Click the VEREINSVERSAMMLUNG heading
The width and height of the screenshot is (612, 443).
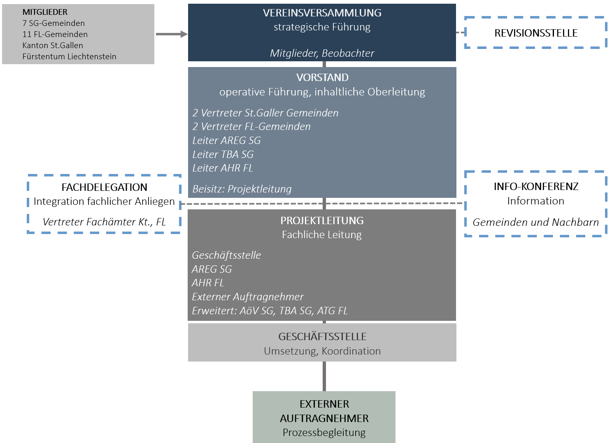pos(322,13)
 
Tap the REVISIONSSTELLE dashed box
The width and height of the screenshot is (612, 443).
pos(535,33)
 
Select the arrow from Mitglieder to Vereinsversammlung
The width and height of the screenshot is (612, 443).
pos(171,34)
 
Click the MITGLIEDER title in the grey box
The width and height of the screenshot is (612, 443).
pos(45,12)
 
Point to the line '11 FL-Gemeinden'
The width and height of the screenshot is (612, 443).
pos(55,34)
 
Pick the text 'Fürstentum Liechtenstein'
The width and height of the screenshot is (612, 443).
pos(69,56)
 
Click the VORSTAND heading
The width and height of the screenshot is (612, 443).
pos(322,77)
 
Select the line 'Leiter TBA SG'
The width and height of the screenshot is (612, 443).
pos(223,154)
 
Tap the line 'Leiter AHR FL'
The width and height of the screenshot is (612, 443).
pos(222,168)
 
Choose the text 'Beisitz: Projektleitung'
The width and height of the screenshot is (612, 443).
pos(242,189)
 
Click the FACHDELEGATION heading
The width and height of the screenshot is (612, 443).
pos(104,187)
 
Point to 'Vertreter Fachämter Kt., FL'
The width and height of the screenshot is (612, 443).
pos(104,222)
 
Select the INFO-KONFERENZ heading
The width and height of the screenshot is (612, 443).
pos(536,186)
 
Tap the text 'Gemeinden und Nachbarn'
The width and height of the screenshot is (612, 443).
pos(535,222)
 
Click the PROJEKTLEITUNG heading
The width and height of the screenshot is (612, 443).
pos(322,220)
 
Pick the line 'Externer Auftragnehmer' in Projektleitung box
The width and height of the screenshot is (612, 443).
pos(247,297)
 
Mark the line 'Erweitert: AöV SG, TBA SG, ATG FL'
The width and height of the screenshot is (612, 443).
pos(270,311)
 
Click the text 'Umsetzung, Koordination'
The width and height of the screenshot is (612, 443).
pos(322,351)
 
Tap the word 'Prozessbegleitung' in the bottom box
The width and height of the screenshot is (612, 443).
pos(324,432)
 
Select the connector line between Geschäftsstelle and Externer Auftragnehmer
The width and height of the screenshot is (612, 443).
pos(324,376)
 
